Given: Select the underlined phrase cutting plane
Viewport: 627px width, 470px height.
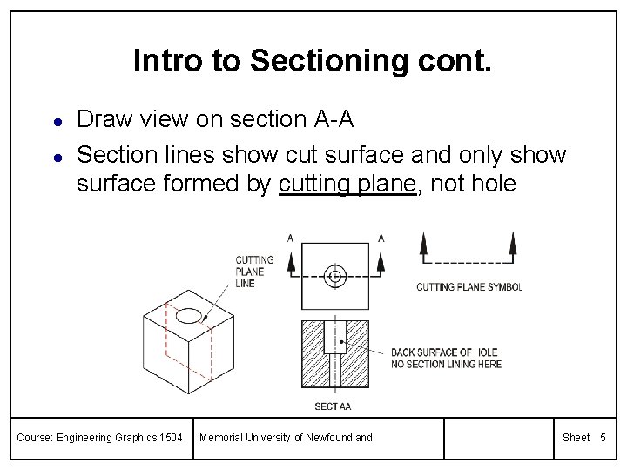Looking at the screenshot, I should click(x=347, y=185).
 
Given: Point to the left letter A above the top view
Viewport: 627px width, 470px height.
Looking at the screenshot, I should click(x=290, y=238).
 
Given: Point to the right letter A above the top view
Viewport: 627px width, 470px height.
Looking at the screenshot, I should click(x=381, y=238).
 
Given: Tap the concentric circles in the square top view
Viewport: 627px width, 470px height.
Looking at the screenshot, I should click(x=334, y=278).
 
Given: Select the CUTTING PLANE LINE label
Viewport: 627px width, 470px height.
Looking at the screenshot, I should click(x=254, y=272).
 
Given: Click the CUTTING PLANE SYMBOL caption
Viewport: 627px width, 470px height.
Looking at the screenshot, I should click(x=469, y=287).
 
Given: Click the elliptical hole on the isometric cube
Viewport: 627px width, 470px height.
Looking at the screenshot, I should click(x=190, y=313).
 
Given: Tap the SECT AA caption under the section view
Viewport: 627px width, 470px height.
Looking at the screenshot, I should click(x=333, y=406).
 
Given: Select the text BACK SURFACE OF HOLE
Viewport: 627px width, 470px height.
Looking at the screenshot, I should click(x=444, y=352).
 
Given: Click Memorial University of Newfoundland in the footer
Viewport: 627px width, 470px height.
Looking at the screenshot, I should click(x=286, y=437).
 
